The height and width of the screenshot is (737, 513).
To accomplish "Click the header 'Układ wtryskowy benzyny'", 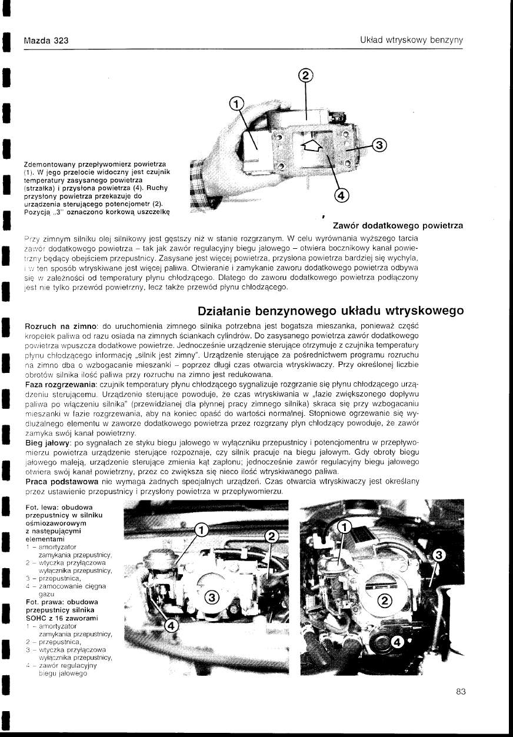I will tap(412, 40).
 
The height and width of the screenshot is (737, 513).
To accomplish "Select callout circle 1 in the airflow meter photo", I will tap(235, 104).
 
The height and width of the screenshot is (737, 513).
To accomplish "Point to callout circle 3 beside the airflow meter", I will tap(379, 144).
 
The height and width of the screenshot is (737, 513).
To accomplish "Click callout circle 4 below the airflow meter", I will tap(342, 195).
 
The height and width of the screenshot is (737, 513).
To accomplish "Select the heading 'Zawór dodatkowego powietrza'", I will tap(398, 225).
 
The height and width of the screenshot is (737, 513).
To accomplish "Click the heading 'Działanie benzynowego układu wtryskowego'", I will tap(329, 310).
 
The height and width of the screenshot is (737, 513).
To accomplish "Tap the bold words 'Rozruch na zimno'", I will tap(60, 326).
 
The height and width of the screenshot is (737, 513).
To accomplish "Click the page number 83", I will tap(461, 692).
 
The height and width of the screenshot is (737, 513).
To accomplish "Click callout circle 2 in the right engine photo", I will tap(384, 601).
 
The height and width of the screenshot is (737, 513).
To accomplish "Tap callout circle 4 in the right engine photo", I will tap(398, 642).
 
